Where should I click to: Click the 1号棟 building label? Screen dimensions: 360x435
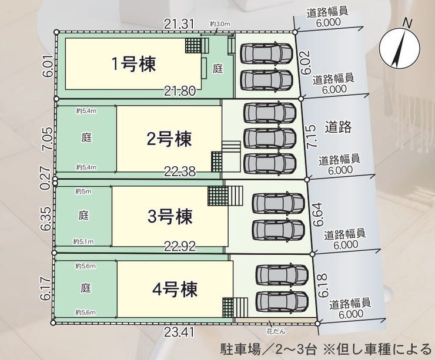(x=133, y=64)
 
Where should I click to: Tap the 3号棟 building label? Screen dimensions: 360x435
(x=169, y=217)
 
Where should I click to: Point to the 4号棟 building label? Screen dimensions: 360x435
(x=174, y=290)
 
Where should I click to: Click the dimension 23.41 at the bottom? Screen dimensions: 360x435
(x=179, y=334)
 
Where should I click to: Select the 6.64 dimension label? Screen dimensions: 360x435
(x=318, y=215)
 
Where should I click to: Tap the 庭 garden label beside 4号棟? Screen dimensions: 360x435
(x=86, y=288)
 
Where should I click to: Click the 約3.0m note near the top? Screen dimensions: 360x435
(x=219, y=23)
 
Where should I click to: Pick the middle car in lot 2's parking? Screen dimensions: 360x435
(x=269, y=137)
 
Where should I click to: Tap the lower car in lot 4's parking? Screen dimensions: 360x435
(x=282, y=301)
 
